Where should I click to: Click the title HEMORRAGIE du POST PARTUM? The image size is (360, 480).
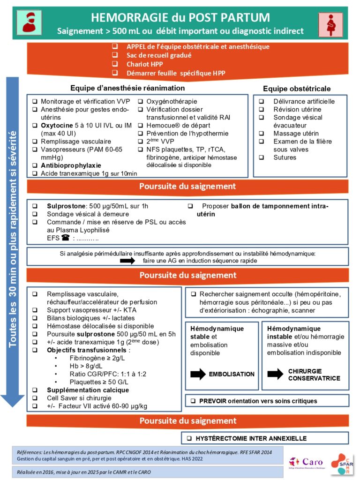tap(180, 18)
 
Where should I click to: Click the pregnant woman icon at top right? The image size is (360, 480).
tap(329, 24)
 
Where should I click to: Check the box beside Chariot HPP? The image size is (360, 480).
tap(115, 64)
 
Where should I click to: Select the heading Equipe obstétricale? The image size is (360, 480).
tap(297, 89)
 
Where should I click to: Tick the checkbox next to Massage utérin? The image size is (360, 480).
tap(262, 134)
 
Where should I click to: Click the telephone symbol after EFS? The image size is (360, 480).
tap(65, 238)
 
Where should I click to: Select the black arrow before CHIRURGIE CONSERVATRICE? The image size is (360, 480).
tap(275, 374)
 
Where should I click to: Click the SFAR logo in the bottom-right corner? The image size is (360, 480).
tap(342, 464)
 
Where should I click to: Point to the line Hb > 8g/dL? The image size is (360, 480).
tap(84, 366)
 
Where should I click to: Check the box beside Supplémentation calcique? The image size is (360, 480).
tap(35, 390)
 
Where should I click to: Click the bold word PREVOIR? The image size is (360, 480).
tap(214, 401)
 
